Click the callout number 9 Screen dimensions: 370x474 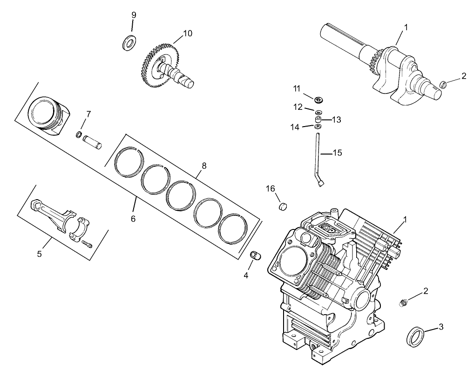click(134, 15)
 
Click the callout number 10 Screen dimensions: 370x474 click(188, 33)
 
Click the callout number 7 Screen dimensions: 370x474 click(88, 114)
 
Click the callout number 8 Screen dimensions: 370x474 click(204, 165)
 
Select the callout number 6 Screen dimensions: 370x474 click(133, 218)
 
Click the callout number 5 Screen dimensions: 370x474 click(40, 254)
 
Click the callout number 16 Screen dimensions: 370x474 click(271, 188)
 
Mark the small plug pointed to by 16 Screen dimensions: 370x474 click(283, 206)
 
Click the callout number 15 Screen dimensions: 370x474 click(337, 152)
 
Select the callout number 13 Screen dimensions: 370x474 click(336, 120)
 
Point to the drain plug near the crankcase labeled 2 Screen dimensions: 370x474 click(403, 303)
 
